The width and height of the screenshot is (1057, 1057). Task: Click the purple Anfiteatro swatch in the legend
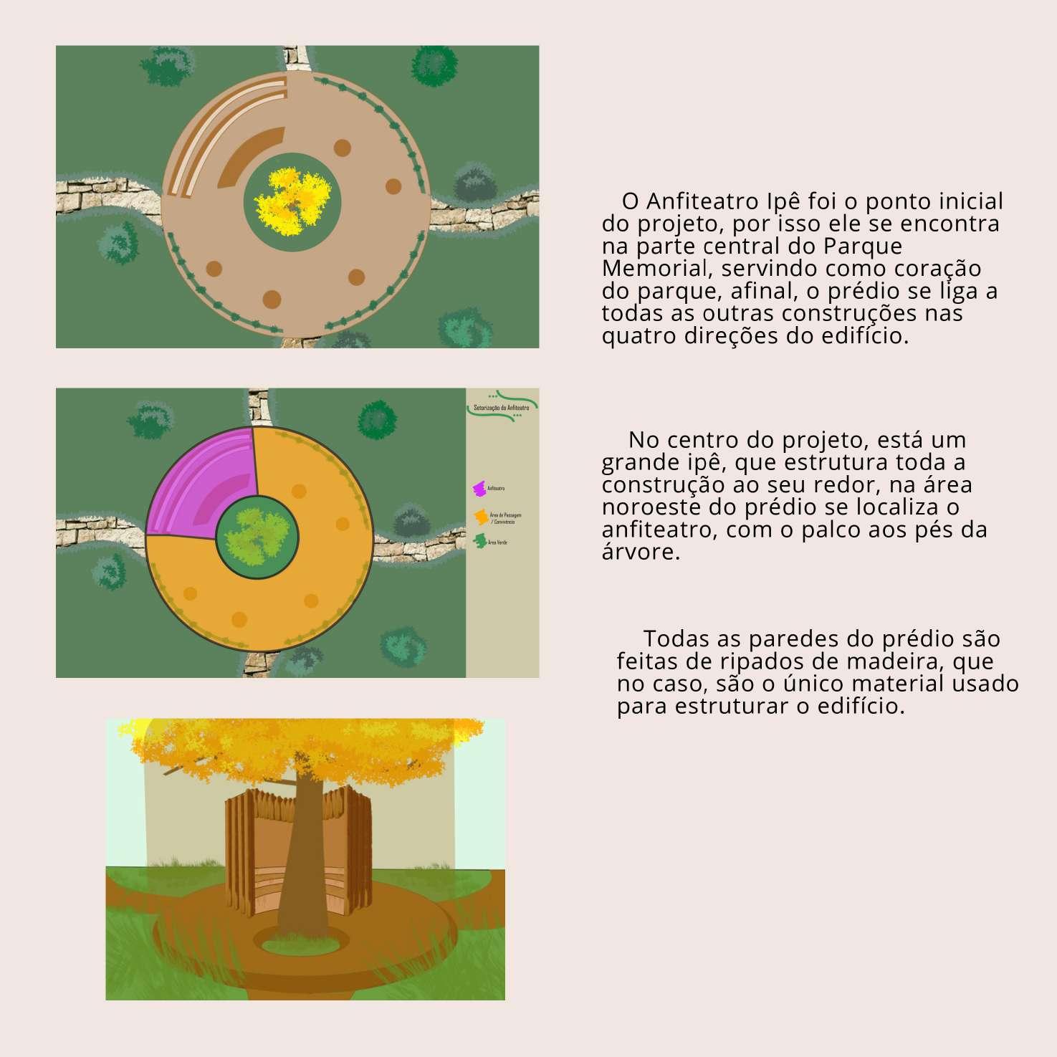coord(479,488)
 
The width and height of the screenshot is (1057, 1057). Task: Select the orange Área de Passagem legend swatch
coord(481,517)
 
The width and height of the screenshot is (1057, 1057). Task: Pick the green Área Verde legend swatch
coord(480,542)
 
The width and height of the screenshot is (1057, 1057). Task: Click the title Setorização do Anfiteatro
coord(502,407)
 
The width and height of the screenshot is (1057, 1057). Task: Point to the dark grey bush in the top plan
coord(474,183)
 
